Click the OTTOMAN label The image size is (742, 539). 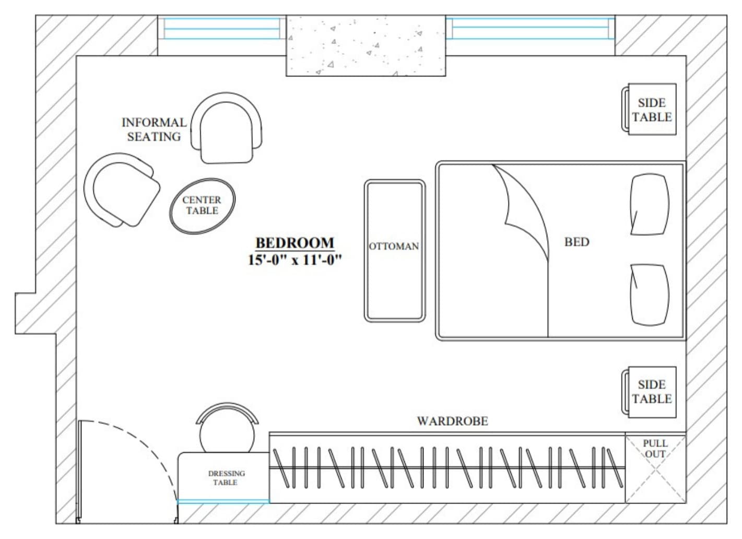point(394,246)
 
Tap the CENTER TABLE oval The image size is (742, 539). point(203,206)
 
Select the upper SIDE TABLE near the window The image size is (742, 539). point(649,109)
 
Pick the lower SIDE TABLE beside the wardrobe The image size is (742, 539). point(649,392)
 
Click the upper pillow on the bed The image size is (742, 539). point(649,204)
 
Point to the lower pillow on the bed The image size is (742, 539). point(649,295)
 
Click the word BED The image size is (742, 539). point(576,242)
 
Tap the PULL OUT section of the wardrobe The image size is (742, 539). point(655,468)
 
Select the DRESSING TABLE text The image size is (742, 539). point(226,478)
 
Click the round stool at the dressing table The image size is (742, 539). point(227,431)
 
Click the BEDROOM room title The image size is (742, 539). point(295,243)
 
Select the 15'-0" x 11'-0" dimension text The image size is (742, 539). point(295,260)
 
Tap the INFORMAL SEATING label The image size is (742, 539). point(154,130)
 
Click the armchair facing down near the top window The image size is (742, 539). point(226,128)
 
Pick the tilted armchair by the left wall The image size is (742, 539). point(122,190)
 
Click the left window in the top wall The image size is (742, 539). point(221,29)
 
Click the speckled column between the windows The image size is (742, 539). point(366,45)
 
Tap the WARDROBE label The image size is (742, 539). point(453,421)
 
